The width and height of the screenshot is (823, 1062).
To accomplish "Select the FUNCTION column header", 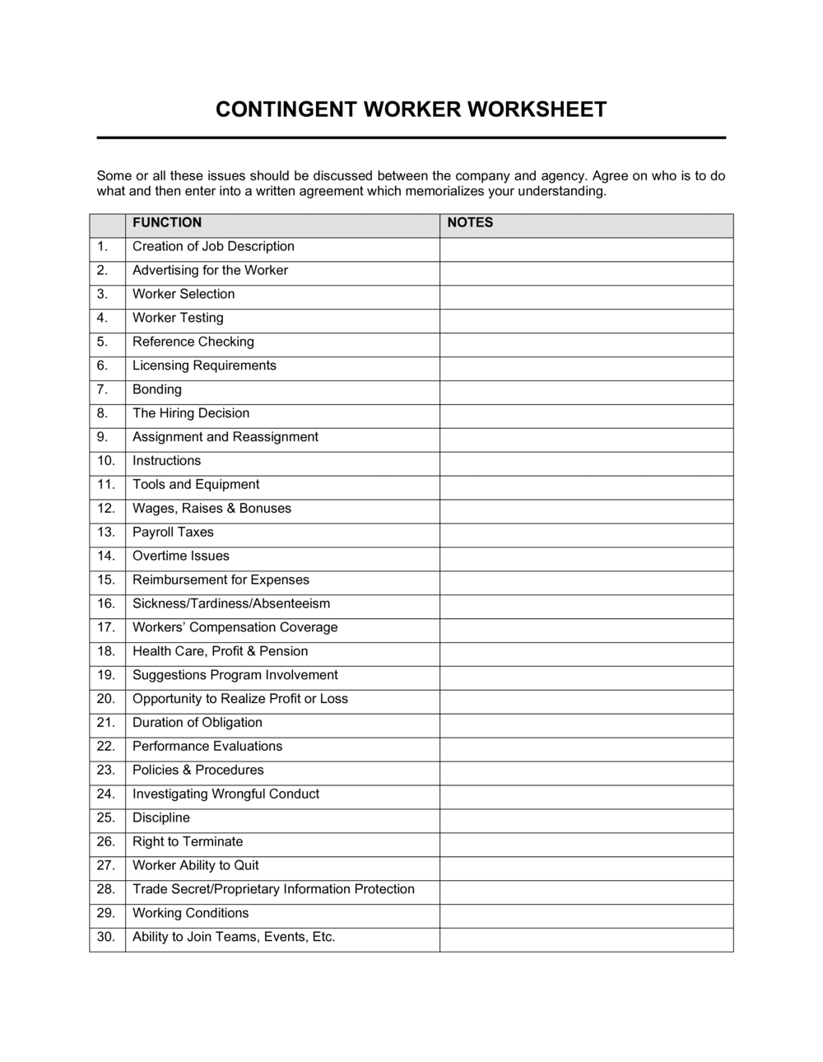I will (167, 222).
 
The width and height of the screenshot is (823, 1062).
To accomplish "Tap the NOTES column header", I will (470, 222).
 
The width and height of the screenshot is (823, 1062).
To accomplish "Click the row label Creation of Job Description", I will (213, 246).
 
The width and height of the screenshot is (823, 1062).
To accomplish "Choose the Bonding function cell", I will (157, 389).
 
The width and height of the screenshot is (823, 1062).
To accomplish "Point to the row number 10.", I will (106, 461).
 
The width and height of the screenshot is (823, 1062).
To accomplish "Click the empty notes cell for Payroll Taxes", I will (586, 533).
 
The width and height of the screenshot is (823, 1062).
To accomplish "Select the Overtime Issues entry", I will (181, 557).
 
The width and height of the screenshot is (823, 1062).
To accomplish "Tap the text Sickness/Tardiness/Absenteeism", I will (231, 603).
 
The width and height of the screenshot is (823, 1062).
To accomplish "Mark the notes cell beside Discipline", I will (586, 818).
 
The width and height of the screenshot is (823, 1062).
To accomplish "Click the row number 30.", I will (106, 937).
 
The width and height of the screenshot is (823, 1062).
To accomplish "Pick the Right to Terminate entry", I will (188, 841).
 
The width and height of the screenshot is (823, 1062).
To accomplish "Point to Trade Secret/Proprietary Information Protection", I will (273, 889).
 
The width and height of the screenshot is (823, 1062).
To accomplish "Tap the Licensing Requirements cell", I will (204, 366).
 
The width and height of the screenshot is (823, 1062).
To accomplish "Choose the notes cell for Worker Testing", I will (586, 318).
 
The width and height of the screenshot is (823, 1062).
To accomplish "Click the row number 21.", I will (106, 723).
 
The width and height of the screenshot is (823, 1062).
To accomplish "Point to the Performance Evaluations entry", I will (207, 747).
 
